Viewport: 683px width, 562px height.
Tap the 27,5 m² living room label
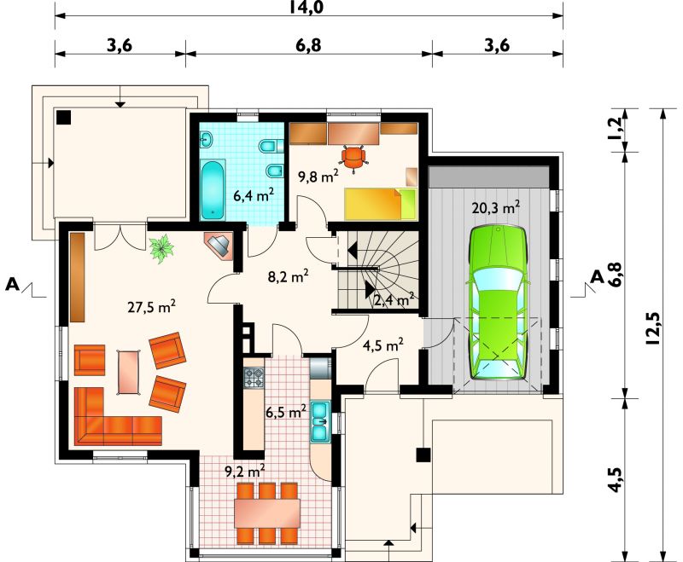152,307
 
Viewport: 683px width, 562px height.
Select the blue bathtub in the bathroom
213,189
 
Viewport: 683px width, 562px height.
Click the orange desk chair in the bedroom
354,159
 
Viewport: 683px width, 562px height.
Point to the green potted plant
161,248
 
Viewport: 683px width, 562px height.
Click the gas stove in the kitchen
254,378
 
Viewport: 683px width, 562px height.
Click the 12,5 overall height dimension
655,329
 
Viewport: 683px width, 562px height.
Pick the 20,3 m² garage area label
496,208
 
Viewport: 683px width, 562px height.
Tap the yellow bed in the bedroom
381,204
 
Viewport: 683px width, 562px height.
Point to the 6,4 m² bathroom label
254,195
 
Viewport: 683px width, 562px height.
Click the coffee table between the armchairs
129,373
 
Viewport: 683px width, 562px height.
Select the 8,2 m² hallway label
289,276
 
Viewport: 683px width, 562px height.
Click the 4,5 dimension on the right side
616,480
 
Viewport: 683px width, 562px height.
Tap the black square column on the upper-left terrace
63,117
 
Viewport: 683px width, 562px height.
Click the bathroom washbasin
207,140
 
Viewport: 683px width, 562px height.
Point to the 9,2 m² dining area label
245,472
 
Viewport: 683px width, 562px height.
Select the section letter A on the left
13,285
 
